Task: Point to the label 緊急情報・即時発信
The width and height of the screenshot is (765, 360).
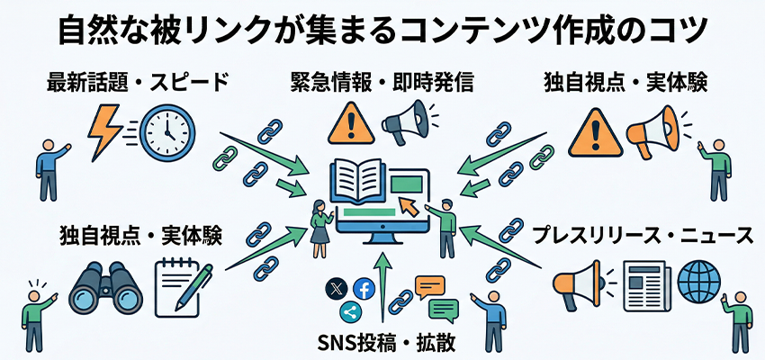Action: click(382, 85)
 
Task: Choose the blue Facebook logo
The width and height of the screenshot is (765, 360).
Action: click(364, 289)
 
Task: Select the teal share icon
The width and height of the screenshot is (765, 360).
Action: click(350, 311)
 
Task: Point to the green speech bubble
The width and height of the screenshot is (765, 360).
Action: click(443, 311)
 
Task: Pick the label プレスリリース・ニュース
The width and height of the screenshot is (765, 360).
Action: click(641, 236)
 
